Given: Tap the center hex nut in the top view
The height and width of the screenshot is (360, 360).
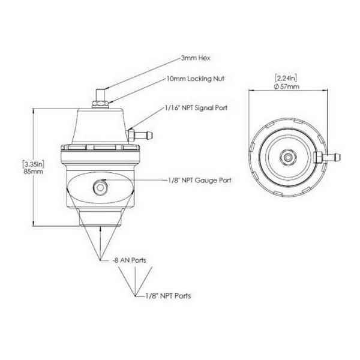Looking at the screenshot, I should click(289, 157).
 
